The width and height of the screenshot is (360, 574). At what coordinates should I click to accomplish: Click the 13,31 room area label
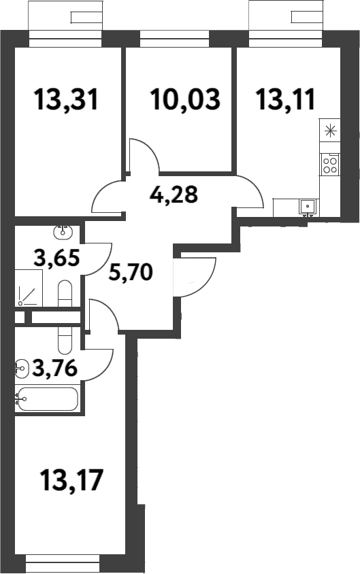67,101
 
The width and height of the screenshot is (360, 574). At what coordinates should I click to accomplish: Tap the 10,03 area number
185,101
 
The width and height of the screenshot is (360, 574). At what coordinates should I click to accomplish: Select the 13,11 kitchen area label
286,101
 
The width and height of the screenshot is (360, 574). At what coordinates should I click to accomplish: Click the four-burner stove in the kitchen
330,164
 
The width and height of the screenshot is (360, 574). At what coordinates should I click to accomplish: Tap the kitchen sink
308,205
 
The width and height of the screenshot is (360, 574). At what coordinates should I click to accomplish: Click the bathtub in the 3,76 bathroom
47,399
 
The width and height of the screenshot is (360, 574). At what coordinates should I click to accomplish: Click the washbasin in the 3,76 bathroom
21,369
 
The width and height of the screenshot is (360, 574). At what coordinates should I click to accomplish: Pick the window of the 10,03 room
179,39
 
